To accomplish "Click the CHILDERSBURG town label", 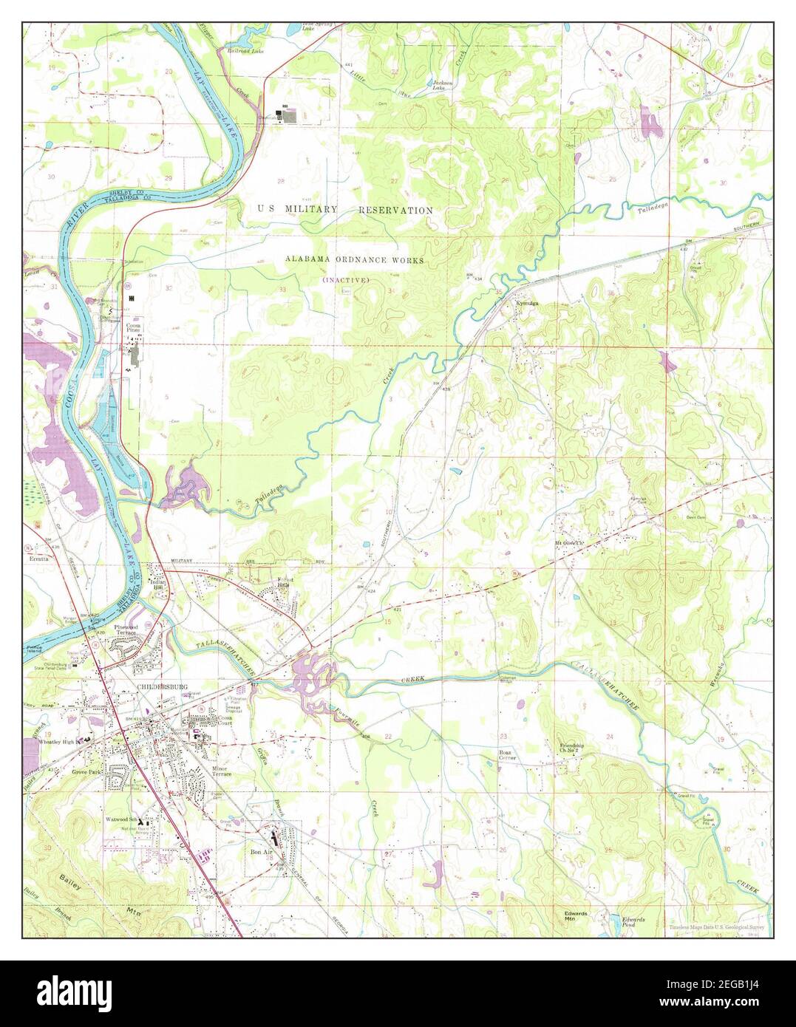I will (x=163, y=686).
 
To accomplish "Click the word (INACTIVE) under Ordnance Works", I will (x=345, y=280).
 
